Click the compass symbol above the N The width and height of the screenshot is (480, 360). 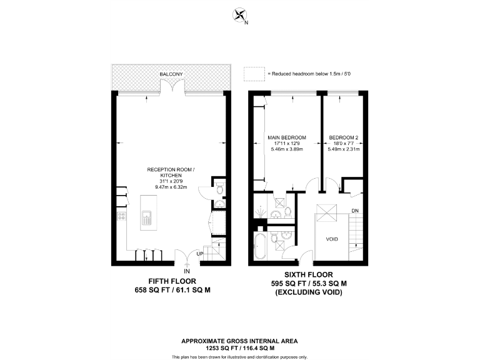pos(239,15)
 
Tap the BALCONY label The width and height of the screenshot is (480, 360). pos(171,74)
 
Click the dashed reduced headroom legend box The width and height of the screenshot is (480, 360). pos(254,74)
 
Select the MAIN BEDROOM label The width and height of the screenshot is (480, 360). pos(286,137)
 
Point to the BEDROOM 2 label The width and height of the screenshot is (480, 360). pos(343,137)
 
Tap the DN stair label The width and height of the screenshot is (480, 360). pos(354,211)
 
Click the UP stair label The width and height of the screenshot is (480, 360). pos(200,254)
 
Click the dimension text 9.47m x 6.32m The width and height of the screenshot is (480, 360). pos(170,186)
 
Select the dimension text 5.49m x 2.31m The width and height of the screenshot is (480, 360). pos(343,149)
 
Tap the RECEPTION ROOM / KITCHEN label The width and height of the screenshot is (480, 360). pos(171,172)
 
